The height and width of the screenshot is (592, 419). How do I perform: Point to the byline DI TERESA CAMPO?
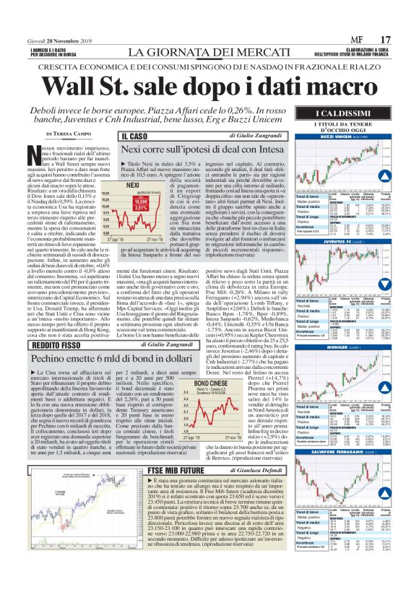pyautogui.click(x=68, y=134)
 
